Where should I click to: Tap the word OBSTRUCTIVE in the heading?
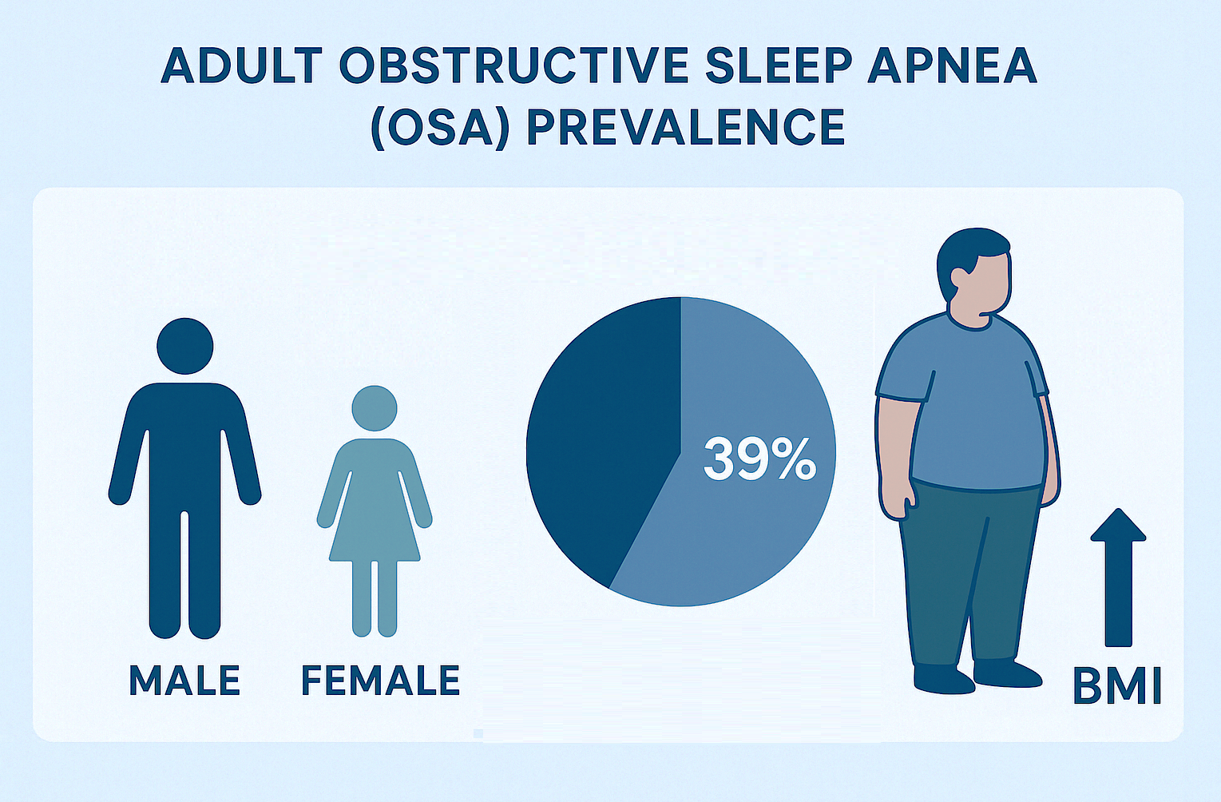pos(514,66)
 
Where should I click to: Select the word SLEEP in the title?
pos(779,66)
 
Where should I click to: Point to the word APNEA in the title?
pos(952,66)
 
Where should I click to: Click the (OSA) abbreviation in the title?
pos(440,128)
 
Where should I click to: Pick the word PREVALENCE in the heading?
pos(686,127)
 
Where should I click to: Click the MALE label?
pos(184,680)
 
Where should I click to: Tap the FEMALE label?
pos(380,680)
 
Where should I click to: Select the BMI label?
pos(1117,687)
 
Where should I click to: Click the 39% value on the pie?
pos(760,459)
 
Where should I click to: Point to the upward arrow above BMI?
pos(1118,578)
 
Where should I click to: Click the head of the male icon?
pos(184,346)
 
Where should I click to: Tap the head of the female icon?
pos(375,408)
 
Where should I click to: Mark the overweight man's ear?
pos(959,277)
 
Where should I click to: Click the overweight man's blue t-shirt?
pos(962,403)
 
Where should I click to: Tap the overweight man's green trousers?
pos(969,573)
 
